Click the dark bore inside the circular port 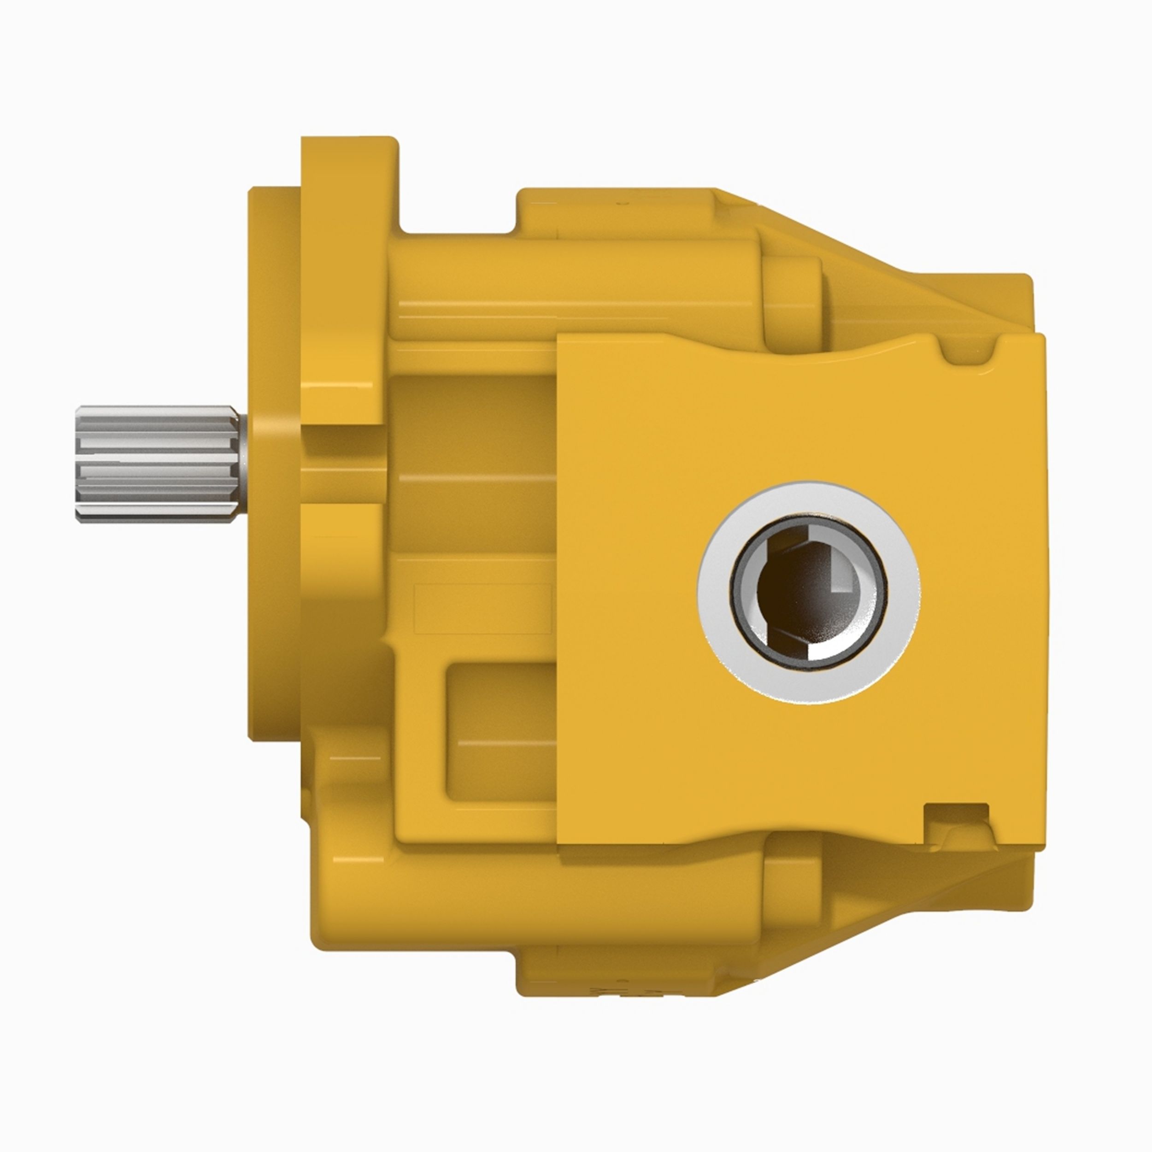click(x=787, y=596)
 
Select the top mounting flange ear click(x=346, y=179)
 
